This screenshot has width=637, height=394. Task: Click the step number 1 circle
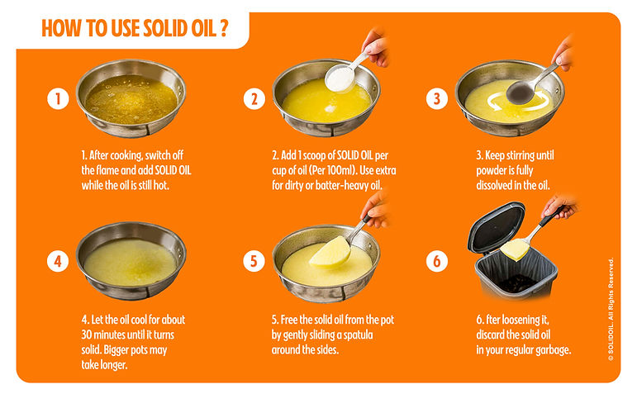pyautogui.click(x=58, y=98)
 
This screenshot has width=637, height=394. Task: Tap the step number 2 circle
pyautogui.click(x=254, y=98)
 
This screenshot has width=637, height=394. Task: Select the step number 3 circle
pyautogui.click(x=437, y=98)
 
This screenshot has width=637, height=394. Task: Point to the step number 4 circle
pyautogui.click(x=58, y=261)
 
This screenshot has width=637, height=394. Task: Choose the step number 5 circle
pyautogui.click(x=254, y=261)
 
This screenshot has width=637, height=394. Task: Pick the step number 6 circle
pyautogui.click(x=437, y=261)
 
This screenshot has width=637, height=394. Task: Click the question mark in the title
pyautogui.click(x=223, y=28)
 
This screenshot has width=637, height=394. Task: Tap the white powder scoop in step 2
pyautogui.click(x=340, y=78)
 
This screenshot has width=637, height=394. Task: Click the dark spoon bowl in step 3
pyautogui.click(x=521, y=92)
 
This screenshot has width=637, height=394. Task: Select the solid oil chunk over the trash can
pyautogui.click(x=515, y=249)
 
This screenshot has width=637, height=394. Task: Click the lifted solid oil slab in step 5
pyautogui.click(x=330, y=253)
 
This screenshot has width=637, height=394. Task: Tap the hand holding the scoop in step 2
pyautogui.click(x=376, y=47)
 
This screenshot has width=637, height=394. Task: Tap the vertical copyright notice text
pyautogui.click(x=611, y=310)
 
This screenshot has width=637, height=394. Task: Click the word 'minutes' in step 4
pyautogui.click(x=110, y=335)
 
